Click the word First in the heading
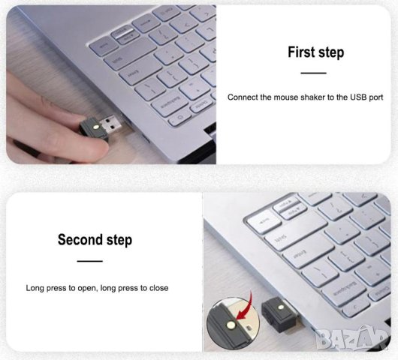303,52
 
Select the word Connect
246,97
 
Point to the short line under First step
313,73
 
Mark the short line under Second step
90,261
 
